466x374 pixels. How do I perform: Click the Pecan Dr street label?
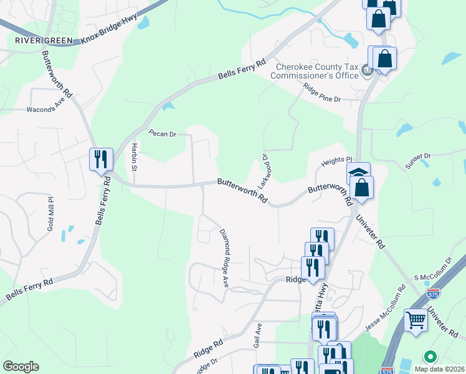(163, 133)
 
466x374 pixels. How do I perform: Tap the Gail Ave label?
(257, 335)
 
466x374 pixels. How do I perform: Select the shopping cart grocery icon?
(416, 320)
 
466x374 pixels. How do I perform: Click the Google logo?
(21, 367)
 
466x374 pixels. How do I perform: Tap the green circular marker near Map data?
(429, 357)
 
